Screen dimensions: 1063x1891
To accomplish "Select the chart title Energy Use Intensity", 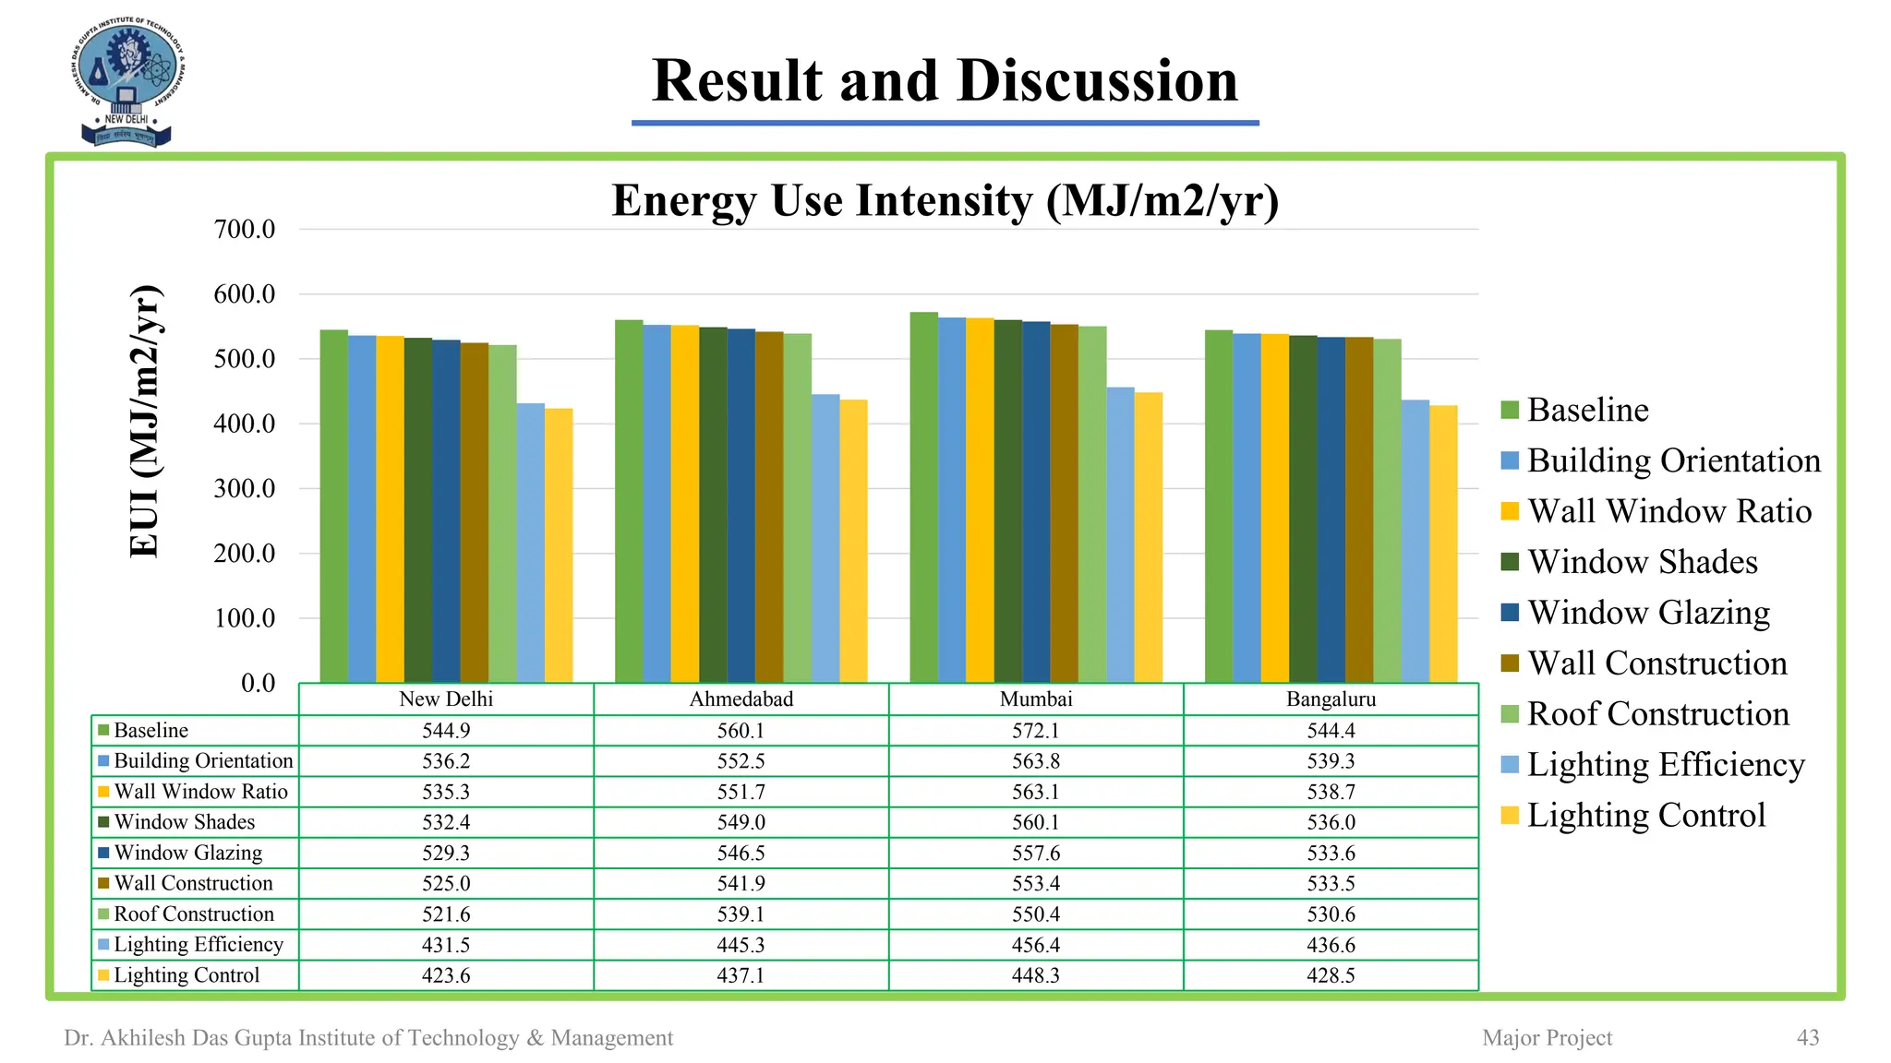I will click(x=945, y=200).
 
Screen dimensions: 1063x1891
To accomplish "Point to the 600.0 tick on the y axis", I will click(x=245, y=294).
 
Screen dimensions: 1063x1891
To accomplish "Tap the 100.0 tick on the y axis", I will click(x=245, y=618).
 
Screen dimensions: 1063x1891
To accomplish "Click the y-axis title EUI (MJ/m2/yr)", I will click(x=145, y=421).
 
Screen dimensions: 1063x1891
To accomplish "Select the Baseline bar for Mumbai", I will click(x=923, y=498).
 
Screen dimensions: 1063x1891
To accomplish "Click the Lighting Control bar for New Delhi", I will click(x=559, y=544).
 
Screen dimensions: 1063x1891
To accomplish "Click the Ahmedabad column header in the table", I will click(x=741, y=699).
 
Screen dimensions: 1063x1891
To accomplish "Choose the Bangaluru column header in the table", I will click(x=1331, y=699).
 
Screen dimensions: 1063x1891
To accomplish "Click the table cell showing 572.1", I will click(x=1035, y=731).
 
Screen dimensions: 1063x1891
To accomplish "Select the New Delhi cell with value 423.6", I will click(x=446, y=975).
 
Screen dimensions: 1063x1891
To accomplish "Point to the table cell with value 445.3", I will click(x=741, y=945).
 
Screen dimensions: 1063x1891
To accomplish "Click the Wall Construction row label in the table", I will click(x=193, y=883).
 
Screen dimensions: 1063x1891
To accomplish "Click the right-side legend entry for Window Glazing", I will click(x=1648, y=613).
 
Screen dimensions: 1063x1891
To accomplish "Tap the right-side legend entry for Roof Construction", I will click(x=1657, y=714).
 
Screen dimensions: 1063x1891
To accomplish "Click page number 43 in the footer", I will click(x=1807, y=1038).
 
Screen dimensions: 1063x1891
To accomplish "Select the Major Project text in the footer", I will click(x=1547, y=1038).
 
